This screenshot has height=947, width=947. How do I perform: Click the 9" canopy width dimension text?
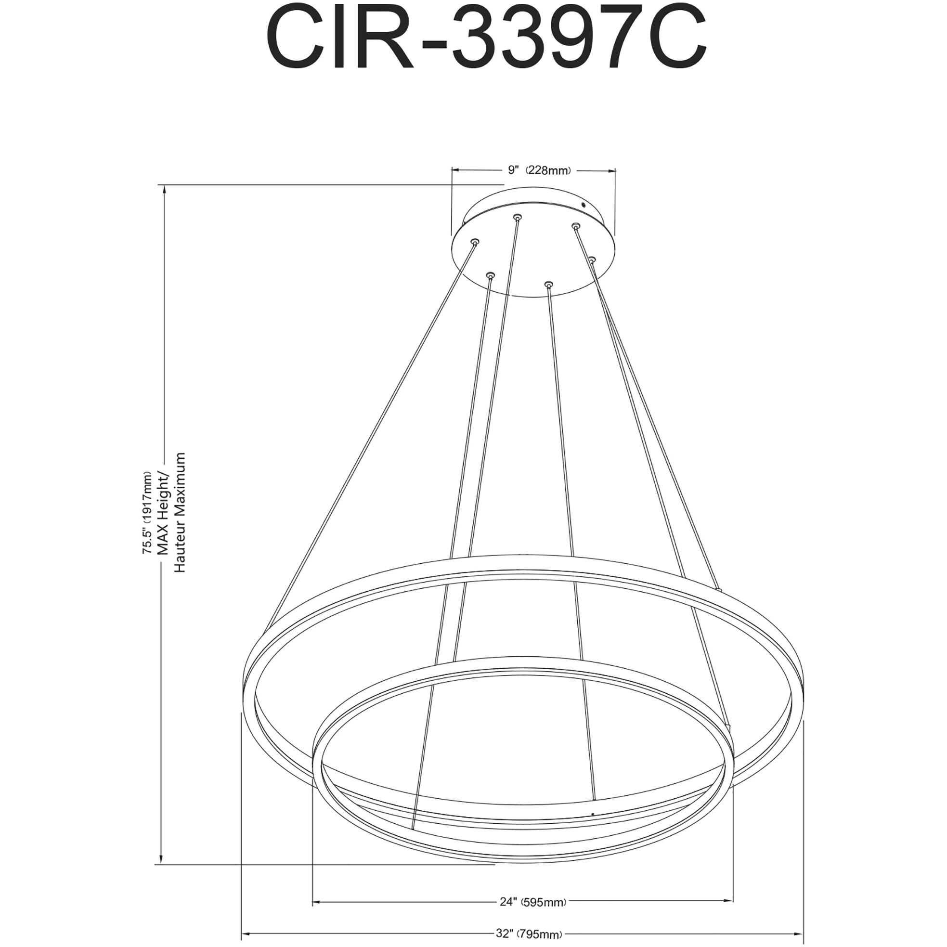point(513,170)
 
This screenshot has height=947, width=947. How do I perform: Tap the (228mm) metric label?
point(548,170)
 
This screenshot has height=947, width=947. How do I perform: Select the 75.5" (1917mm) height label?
point(147,513)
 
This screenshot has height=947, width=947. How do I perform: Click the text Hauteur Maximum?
point(180,512)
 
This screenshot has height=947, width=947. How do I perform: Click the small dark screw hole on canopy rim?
point(583,205)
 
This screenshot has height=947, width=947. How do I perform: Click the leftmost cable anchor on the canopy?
point(475,242)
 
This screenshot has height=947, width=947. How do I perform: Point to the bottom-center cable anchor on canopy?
point(548,284)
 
